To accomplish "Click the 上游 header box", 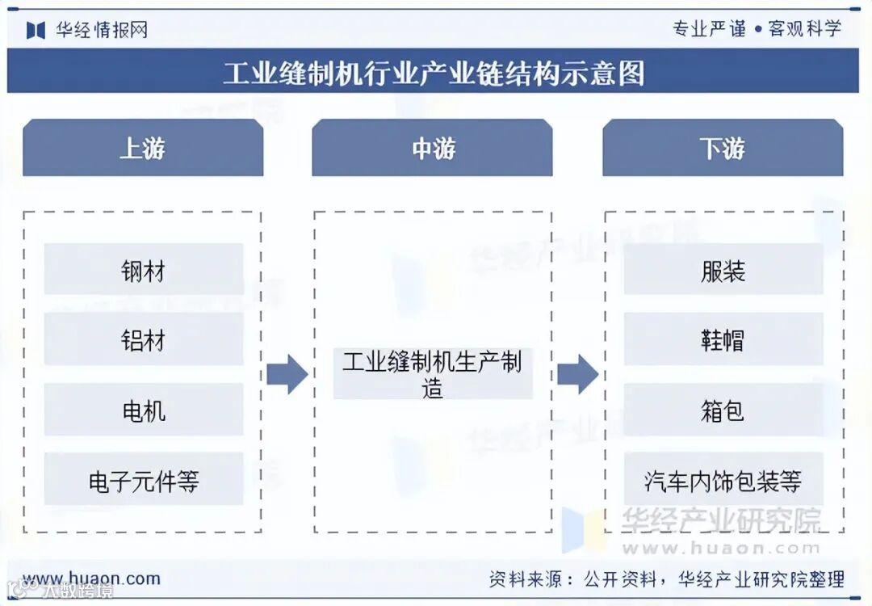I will [x=143, y=149].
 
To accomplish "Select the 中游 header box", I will [x=433, y=149].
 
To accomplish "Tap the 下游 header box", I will [x=723, y=149].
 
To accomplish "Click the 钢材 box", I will [x=144, y=270].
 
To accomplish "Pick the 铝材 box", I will [x=144, y=340].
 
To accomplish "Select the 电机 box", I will [x=144, y=410].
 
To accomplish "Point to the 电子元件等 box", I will [x=144, y=481].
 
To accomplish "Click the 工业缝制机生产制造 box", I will [x=433, y=374].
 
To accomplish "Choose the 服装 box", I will [x=723, y=270].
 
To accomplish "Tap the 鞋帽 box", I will [x=723, y=340].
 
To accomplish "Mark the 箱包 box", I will [x=723, y=410].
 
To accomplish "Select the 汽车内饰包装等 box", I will [x=723, y=481].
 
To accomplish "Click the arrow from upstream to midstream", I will [x=287, y=374].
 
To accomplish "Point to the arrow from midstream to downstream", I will [x=578, y=374].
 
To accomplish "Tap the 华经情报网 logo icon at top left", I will [x=36, y=30].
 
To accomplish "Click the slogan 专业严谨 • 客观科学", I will [x=757, y=29].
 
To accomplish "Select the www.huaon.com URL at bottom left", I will [x=91, y=579].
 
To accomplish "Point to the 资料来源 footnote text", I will [x=666, y=579].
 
